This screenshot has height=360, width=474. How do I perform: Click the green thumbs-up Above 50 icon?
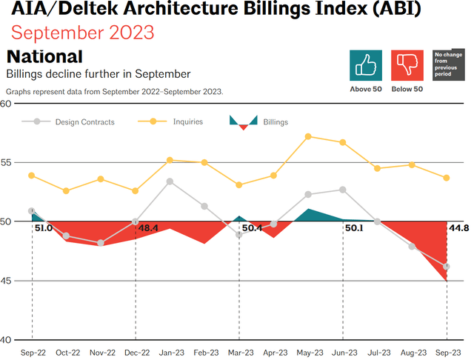pos(365,65)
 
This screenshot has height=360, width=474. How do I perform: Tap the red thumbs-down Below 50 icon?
pos(407,65)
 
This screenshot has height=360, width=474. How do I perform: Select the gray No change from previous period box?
pos(448,65)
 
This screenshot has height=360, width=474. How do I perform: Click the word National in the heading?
pos(44,57)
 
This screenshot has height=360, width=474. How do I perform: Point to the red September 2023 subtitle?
pos(83,33)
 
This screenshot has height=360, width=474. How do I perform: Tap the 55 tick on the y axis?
pos(6,162)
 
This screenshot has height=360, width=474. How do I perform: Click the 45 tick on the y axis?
pos(6,281)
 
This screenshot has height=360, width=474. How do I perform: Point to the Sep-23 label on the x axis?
pos(446,353)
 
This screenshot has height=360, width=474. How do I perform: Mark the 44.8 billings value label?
pos(459,228)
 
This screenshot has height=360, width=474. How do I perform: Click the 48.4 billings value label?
pos(149,228)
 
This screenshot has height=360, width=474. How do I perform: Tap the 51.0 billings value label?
pos(44,228)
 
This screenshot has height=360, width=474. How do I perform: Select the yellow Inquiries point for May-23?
pos(308,136)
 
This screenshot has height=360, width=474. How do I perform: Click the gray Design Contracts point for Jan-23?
pos(170,181)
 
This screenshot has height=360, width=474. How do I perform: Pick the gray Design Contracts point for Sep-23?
pos(447,267)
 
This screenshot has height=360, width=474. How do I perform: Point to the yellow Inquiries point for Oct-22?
pos(66,190)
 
